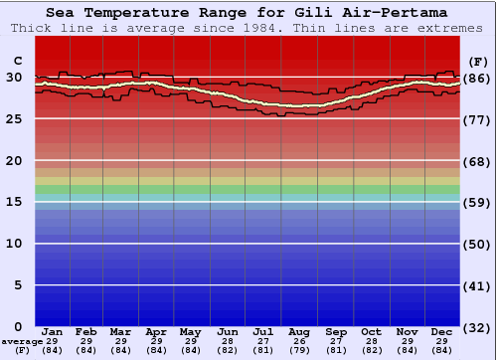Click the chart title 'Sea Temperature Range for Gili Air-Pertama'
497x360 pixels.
(246, 13)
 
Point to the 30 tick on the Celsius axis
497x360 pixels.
(14, 78)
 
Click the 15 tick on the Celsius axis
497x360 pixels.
(14, 202)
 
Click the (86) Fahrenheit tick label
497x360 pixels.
(478, 78)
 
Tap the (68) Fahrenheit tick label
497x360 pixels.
(478, 161)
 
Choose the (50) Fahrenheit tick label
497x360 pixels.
(478, 244)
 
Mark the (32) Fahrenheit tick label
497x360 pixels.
(478, 326)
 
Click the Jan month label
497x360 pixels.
(53, 331)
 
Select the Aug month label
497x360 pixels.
(298, 331)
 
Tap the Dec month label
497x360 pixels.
(441, 331)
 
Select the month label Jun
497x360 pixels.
(228, 331)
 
